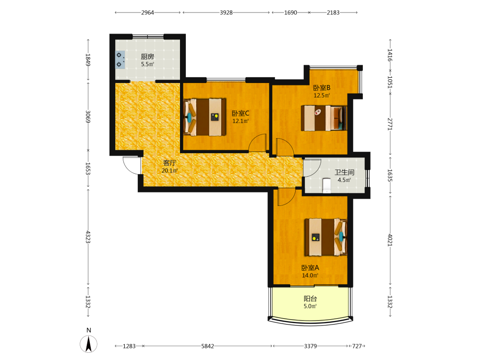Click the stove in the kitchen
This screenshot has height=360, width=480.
click(120, 60)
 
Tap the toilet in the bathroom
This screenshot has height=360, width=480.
click(327, 186)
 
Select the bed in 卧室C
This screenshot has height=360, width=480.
click(205, 117)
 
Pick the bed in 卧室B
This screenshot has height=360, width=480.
click(324, 118)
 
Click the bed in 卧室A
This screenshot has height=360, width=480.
click(326, 237)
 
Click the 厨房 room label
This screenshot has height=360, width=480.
click(147, 57)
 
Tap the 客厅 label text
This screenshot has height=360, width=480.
click(169, 163)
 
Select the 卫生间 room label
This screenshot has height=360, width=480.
click(344, 172)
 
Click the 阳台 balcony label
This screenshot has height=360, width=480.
click(310, 299)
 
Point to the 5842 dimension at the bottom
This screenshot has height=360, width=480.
click(207, 346)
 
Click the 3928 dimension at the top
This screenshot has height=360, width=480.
click(226, 12)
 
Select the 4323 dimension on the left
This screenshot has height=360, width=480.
click(88, 237)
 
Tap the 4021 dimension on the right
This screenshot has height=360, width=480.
click(390, 240)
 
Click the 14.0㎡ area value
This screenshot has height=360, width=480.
click(310, 275)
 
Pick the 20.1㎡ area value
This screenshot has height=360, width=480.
click(169, 170)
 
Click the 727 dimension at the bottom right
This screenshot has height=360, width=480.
click(357, 346)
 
